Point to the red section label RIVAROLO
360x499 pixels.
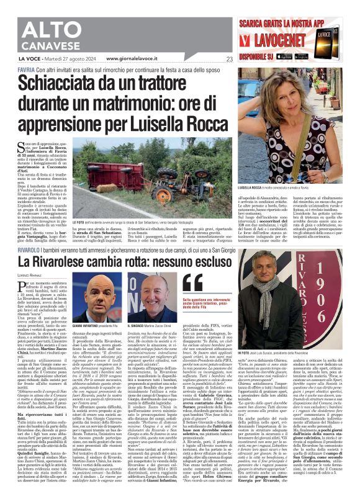coord(29,250)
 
